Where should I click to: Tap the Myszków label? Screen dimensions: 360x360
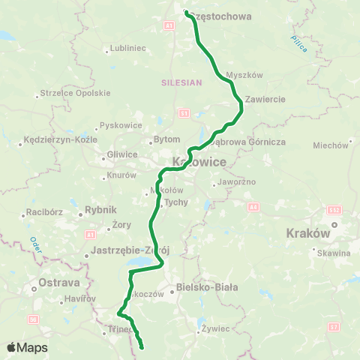point(244,75)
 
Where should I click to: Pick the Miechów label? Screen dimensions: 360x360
point(331,144)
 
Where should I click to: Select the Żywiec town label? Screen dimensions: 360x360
point(219,328)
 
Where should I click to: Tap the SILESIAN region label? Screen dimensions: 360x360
point(181,83)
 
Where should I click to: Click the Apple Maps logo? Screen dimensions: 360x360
point(28,347)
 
